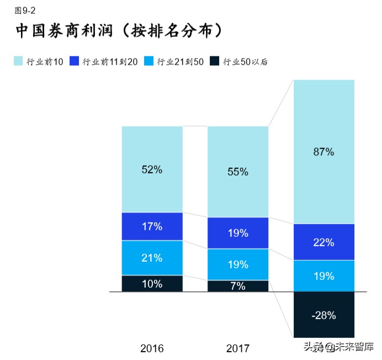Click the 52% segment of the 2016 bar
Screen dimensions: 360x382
pyautogui.click(x=152, y=170)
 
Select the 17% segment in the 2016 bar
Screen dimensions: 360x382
pyautogui.click(x=152, y=226)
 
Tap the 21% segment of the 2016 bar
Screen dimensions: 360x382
pyautogui.click(x=152, y=257)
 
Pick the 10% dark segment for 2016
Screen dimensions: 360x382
pyautogui.click(x=152, y=283)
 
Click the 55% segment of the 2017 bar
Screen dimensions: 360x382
pyautogui.click(x=238, y=172)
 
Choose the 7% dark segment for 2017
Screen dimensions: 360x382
pyautogui.click(x=238, y=286)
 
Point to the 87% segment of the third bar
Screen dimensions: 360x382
pyautogui.click(x=323, y=152)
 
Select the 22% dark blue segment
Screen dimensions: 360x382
pyautogui.click(x=323, y=242)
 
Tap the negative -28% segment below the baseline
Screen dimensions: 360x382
pyautogui.click(x=323, y=315)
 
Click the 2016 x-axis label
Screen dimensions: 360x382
pyautogui.click(x=152, y=348)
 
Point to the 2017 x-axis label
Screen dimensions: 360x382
pyautogui.click(x=238, y=348)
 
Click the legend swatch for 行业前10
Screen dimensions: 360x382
pyautogui.click(x=18, y=62)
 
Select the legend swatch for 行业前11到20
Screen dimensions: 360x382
pyautogui.click(x=75, y=62)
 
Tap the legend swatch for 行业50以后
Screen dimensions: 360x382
pyautogui.click(x=215, y=62)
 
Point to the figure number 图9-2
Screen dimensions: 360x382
pyautogui.click(x=25, y=10)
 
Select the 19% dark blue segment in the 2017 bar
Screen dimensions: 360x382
pyautogui.click(x=238, y=233)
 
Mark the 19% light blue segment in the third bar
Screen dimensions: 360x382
pyautogui.click(x=323, y=276)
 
